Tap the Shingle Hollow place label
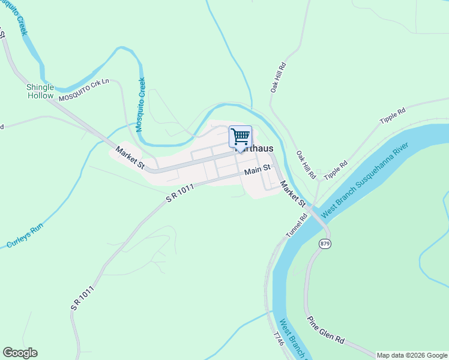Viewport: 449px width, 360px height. (40, 91)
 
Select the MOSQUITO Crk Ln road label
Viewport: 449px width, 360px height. (84, 92)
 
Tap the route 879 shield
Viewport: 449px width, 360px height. (325, 243)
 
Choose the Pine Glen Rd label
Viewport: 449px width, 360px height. (326, 329)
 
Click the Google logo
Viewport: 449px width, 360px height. (20, 353)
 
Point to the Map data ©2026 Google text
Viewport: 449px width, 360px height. (412, 355)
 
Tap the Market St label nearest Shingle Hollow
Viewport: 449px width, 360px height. (130, 158)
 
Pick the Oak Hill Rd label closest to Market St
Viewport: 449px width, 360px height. (306, 164)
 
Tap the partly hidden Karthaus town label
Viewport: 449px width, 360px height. (256, 149)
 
